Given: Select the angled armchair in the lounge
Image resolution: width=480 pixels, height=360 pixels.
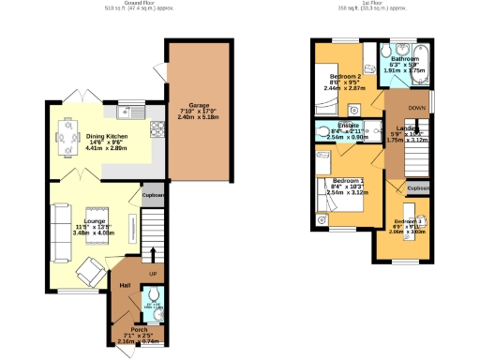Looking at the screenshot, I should pyautogui.click(x=89, y=271).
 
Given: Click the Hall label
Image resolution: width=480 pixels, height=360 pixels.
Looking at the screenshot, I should pyautogui.click(x=125, y=285).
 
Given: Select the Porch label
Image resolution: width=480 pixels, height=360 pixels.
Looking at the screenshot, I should pyautogui.click(x=139, y=329).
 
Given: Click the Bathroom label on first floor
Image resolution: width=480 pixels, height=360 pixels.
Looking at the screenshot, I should pyautogui.click(x=405, y=58).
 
